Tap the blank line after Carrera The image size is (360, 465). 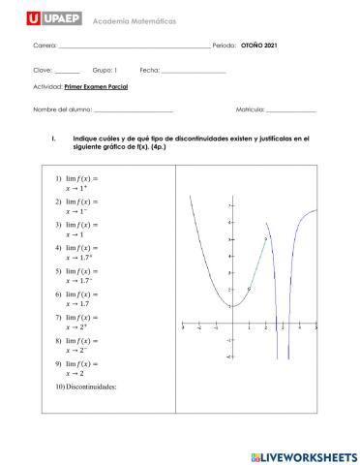pos(135,46)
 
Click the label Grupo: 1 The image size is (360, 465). pos(105,71)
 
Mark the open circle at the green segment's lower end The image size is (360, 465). pos(249,289)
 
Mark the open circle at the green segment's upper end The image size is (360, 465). pos(265,239)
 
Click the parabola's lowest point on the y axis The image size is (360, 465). pos(231,306)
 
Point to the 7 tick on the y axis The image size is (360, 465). pos(228,206)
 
